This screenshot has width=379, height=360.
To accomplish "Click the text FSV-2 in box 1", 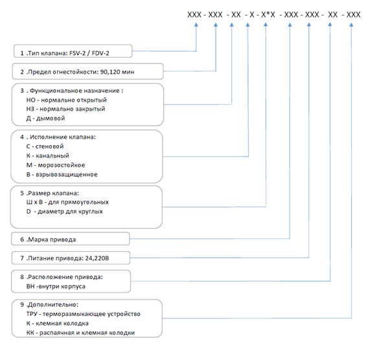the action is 77,53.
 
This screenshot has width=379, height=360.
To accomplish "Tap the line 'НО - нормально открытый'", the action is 67,100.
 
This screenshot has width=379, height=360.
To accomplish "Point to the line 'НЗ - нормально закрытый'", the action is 65,109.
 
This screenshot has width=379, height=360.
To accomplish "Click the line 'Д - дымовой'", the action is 46,118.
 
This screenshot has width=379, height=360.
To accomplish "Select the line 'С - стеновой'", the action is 45,146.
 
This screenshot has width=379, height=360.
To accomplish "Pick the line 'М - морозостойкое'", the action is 56,165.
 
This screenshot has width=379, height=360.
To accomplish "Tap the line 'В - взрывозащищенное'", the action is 62,174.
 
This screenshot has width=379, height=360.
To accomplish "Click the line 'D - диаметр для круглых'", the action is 65,212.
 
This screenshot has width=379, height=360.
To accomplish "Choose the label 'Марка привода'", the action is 52,240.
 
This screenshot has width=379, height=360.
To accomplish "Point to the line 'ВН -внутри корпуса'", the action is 56,287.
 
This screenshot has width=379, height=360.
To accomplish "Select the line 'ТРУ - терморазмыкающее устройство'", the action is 84,314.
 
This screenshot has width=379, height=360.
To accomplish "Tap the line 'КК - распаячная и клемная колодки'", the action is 80,333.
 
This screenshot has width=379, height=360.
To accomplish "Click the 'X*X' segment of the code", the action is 268,15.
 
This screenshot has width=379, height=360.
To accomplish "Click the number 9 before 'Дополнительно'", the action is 22,305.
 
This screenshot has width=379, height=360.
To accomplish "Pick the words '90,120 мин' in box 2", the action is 117,72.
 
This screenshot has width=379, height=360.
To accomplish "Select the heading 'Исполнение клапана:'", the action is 63,137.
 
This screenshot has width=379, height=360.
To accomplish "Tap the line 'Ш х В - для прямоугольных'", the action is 67,202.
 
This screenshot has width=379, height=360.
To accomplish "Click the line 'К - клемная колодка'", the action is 58,324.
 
